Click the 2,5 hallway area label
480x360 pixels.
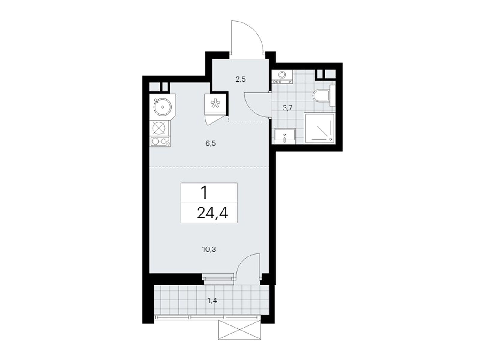tap(241, 79)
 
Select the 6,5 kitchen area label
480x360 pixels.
tap(211, 144)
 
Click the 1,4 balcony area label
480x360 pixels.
tap(212, 301)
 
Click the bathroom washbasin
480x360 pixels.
tap(285, 136)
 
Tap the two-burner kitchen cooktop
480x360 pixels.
tap(160, 141)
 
